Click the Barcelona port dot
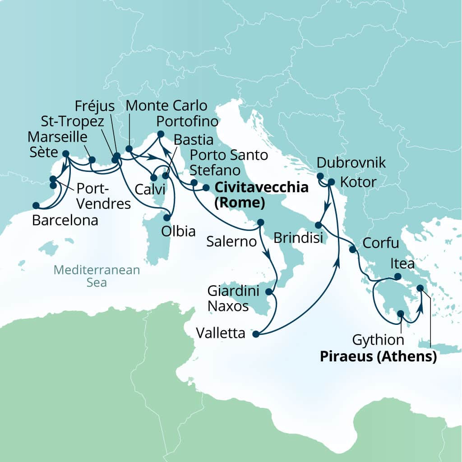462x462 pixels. point(36,206)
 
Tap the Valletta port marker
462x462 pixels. point(256,334)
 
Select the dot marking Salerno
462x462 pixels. point(260,222)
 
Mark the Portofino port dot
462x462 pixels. point(160,134)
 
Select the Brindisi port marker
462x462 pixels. point(318,225)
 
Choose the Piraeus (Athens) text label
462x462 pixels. point(378,357)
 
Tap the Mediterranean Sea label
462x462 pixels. point(97,276)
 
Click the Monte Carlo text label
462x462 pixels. point(166,106)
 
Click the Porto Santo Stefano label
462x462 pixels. point(228,163)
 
